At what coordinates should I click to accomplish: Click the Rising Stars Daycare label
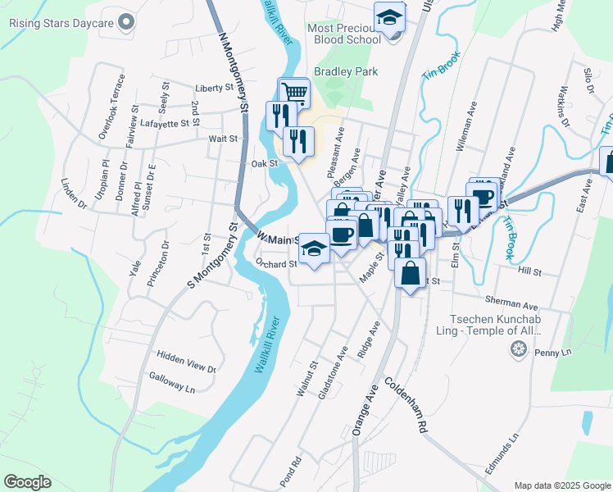(x=61, y=22)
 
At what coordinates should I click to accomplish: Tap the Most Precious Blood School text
(x=344, y=34)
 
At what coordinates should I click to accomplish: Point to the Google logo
(x=27, y=482)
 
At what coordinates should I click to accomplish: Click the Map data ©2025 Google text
(x=562, y=485)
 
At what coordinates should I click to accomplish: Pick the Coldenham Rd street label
(x=406, y=405)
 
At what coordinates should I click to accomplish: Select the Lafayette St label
(x=165, y=123)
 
